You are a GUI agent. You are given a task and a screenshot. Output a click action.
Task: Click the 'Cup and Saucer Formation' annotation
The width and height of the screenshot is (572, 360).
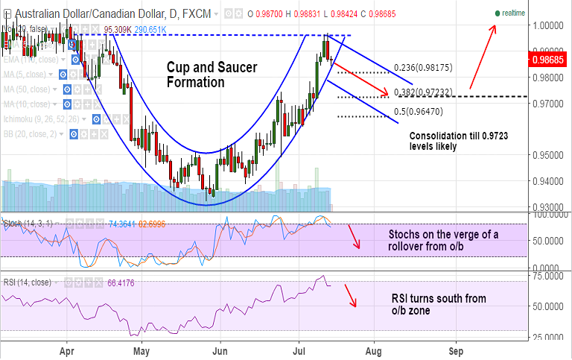pos(211,75)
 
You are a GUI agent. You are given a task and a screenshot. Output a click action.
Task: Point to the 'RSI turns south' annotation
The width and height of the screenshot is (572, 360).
pos(439,304)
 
